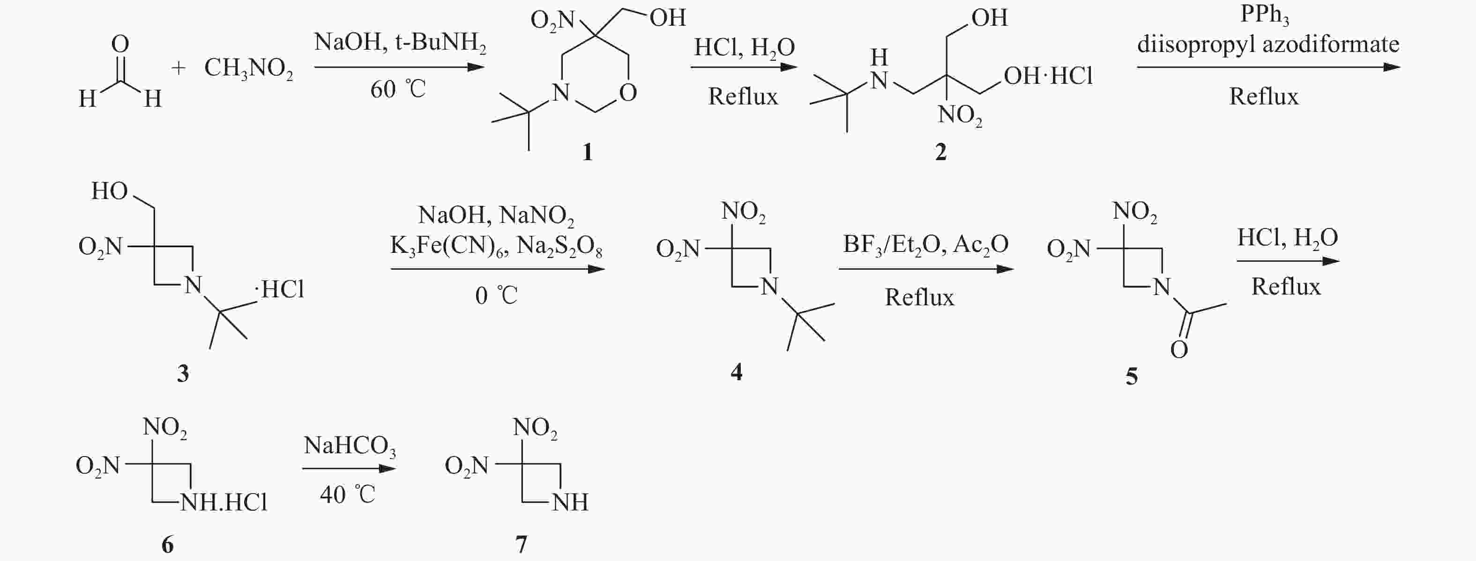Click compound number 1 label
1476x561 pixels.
tap(587, 152)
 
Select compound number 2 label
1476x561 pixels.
tap(941, 152)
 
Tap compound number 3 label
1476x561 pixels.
tap(183, 373)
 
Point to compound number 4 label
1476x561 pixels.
tap(736, 372)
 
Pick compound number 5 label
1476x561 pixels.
tap(1132, 376)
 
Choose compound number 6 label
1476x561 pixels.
tap(167, 545)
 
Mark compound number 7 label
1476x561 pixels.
tap(522, 545)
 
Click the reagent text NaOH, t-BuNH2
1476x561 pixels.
tap(400, 44)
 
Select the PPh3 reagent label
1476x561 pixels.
tap(1264, 15)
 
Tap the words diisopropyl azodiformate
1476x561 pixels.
tap(1268, 44)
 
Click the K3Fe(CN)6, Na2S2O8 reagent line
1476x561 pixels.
tap(496, 247)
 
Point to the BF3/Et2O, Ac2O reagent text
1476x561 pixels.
tap(925, 245)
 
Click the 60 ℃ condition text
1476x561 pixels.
tap(398, 89)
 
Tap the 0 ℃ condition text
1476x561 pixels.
tap(496, 296)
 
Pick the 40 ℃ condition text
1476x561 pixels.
tap(347, 495)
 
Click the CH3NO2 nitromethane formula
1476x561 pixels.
tap(249, 69)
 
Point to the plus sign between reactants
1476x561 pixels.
tap(178, 69)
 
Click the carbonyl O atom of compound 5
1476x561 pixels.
tap(1179, 350)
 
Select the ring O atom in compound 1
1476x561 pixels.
tap(628, 93)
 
